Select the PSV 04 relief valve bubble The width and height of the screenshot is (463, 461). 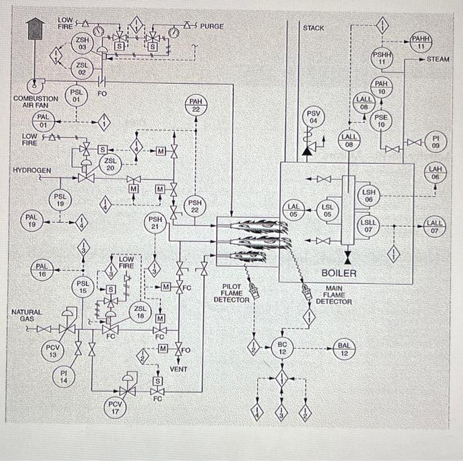tap(315, 118)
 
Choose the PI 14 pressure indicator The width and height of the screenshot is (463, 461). tap(64, 377)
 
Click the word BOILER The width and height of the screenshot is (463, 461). tap(339, 273)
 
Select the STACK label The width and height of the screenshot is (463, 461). tap(314, 28)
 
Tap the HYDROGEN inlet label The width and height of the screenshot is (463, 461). tap(32, 170)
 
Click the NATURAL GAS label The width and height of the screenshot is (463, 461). tap(26, 315)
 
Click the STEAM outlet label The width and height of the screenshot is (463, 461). tap(438, 59)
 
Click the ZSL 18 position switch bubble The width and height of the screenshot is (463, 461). tap(140, 312)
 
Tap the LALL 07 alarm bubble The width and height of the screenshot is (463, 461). tap(435, 227)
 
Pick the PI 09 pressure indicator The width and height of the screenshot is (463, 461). tap(435, 141)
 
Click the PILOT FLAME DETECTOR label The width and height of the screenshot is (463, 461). tap(231, 294)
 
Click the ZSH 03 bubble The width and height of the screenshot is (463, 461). tap(83, 44)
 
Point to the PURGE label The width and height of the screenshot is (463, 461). tap(212, 26)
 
